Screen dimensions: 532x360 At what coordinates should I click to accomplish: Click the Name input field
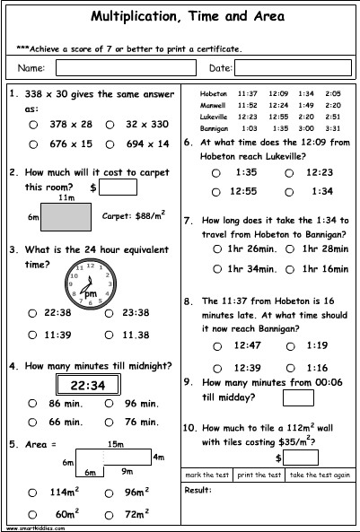127,67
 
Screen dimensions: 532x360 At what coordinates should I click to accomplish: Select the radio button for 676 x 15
33,143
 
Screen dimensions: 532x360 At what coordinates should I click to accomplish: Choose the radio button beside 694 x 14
109,143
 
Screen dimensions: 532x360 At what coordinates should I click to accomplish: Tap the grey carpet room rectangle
66,216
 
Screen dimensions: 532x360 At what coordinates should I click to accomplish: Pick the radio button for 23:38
109,312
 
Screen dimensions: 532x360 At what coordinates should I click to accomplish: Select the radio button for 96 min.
109,404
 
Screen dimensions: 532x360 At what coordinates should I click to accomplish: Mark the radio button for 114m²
33,492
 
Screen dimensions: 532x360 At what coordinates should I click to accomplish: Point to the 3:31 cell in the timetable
333,128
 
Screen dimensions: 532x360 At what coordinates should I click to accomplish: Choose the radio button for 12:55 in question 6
215,191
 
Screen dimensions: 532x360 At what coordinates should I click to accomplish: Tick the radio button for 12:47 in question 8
215,344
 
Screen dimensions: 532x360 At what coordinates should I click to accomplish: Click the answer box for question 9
297,397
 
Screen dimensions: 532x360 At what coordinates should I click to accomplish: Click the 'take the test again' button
320,474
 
